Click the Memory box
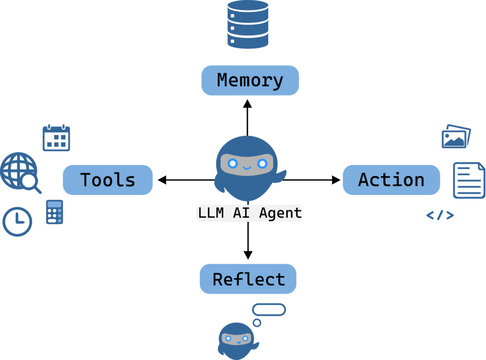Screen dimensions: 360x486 pyautogui.click(x=249, y=80)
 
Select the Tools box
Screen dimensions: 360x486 pyautogui.click(x=107, y=180)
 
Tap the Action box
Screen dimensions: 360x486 pyautogui.click(x=391, y=180)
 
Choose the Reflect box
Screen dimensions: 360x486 pyautogui.click(x=249, y=279)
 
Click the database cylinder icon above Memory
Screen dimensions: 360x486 pyautogui.click(x=249, y=25)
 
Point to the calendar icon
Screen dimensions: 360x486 pyautogui.click(x=56, y=138)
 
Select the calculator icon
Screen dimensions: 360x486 pyautogui.click(x=55, y=212)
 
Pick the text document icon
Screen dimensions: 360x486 pyautogui.click(x=469, y=180)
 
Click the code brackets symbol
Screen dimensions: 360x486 pyautogui.click(x=440, y=215)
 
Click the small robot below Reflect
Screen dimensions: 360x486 pyautogui.click(x=236, y=340)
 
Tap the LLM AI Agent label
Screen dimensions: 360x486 pyautogui.click(x=249, y=213)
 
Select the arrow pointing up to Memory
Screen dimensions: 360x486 pyautogui.click(x=249, y=115)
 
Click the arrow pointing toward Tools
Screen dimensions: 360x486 pyautogui.click(x=185, y=180)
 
